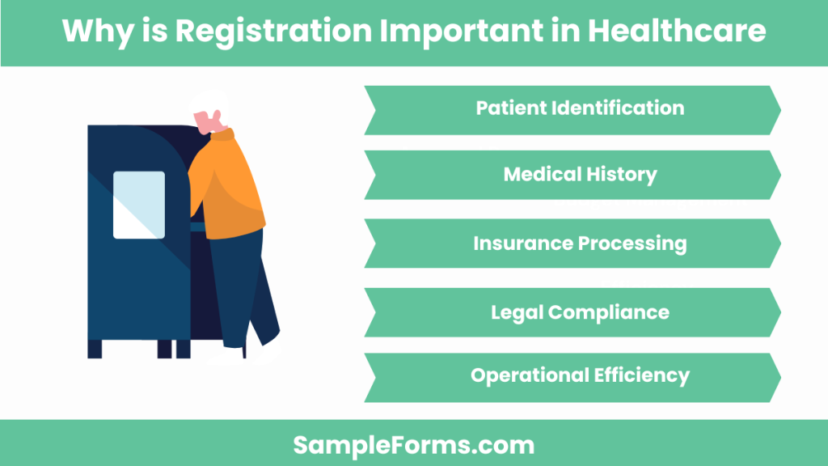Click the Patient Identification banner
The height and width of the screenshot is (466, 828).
[x=572, y=108]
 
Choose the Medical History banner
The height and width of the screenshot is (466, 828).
[x=572, y=174]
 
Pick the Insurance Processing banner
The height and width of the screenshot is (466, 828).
[x=572, y=243]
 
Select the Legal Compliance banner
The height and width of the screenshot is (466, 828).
[x=572, y=311]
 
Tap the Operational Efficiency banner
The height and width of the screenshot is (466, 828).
[x=572, y=376]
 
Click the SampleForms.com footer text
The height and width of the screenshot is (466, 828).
[x=413, y=444]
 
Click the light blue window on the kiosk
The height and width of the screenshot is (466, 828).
[x=138, y=205]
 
